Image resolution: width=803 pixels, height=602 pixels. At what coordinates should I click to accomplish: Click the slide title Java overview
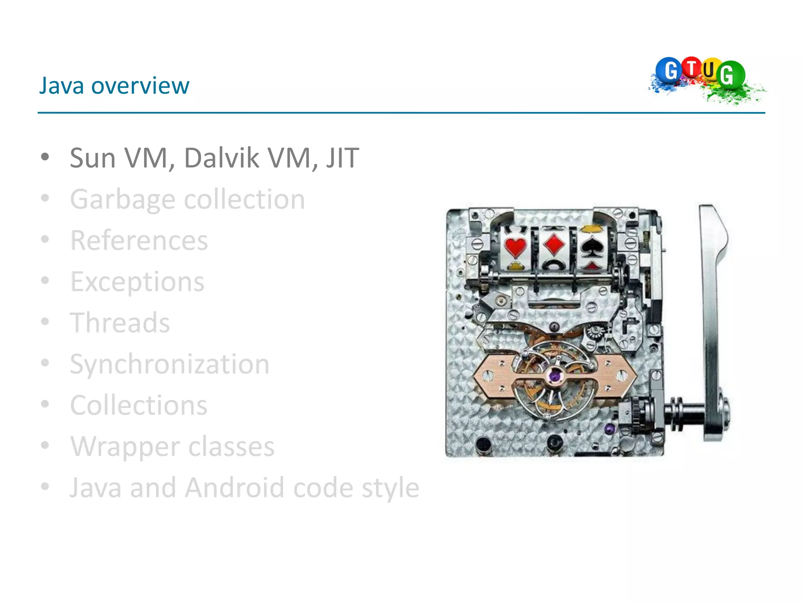114,86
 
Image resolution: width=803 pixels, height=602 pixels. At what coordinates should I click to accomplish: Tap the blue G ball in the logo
669,71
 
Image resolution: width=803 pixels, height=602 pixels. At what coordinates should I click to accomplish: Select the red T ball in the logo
692,67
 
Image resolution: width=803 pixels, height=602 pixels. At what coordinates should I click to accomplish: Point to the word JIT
342,158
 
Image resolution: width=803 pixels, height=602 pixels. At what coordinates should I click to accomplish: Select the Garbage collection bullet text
187,199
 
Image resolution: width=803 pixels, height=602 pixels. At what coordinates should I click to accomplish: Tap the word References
139,240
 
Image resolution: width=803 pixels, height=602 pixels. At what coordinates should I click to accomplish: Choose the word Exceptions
137,281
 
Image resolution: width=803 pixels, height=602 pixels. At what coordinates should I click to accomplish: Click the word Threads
120,323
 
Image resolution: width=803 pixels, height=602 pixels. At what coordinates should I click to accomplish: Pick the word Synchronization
169,364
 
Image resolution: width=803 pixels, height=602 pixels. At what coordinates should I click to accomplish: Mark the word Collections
139,405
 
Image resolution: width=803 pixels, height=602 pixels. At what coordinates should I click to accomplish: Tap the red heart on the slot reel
515,247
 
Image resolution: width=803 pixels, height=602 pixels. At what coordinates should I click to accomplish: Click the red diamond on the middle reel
554,244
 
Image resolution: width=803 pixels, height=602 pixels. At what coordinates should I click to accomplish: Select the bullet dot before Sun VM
45,157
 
